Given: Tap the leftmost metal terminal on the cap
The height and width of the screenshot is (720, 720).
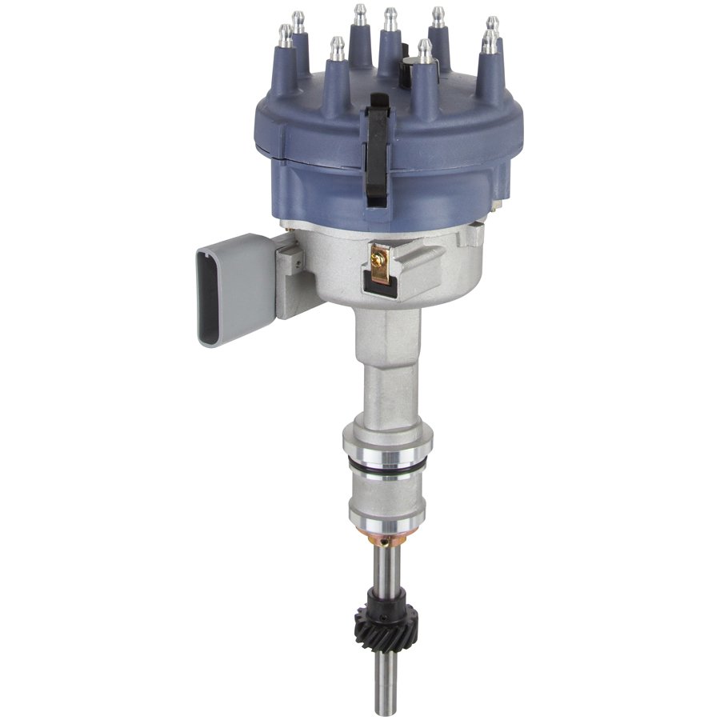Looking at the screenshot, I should pos(285,34).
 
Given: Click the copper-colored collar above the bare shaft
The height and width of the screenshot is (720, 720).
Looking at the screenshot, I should pos(387,538).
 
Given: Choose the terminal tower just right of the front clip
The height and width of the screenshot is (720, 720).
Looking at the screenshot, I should pos(426,76).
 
